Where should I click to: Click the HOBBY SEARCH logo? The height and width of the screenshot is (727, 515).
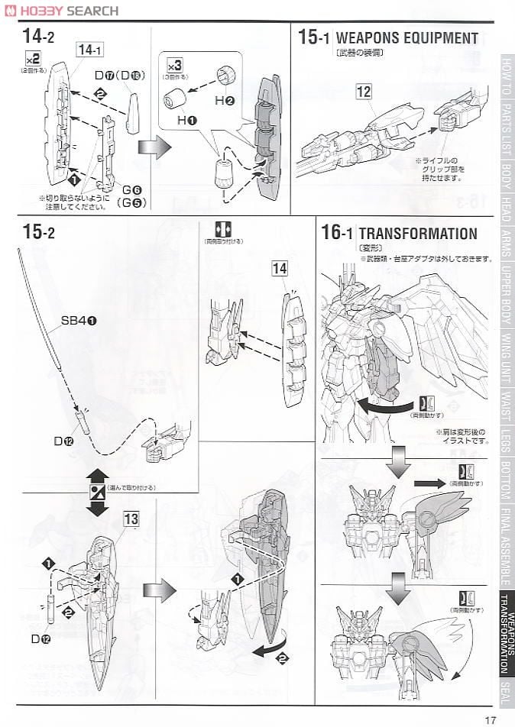tap(60, 10)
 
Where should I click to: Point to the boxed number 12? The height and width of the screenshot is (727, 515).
tap(364, 92)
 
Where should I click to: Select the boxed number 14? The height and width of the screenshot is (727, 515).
tap(279, 268)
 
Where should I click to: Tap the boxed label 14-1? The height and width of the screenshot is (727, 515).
tap(89, 50)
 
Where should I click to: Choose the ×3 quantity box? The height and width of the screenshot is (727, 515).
tap(173, 64)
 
